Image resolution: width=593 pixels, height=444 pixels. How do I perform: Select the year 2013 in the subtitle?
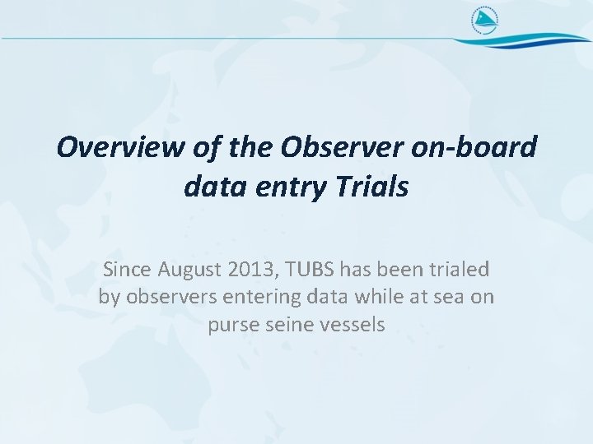tap(246, 269)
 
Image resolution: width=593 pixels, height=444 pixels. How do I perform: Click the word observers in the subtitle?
tap(165, 297)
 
